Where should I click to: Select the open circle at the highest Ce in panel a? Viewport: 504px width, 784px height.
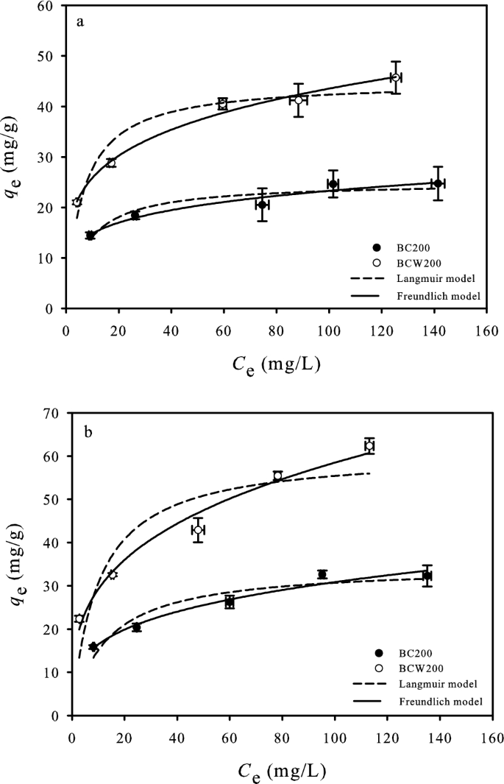(x=396, y=77)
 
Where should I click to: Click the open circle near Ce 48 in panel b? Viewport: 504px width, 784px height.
(x=198, y=529)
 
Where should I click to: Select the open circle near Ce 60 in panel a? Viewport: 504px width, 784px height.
(x=223, y=103)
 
